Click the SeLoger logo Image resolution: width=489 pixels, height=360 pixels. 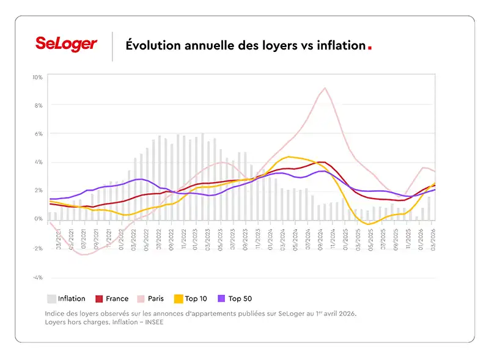[x=66, y=44]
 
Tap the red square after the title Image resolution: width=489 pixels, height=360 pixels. [x=369, y=46]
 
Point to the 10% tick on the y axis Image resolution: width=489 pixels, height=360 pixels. [x=37, y=78]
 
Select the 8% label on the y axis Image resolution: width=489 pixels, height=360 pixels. [x=39, y=106]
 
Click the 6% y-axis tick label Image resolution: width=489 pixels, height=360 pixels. [x=39, y=134]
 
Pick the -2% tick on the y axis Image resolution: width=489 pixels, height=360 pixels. [x=37, y=249]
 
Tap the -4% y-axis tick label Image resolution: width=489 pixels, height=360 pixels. [x=37, y=277]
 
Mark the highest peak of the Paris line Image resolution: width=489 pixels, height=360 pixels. [x=325, y=88]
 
